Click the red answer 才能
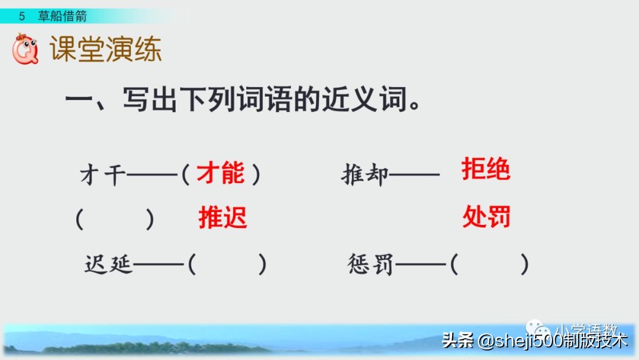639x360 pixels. click(220, 174)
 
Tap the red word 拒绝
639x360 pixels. click(486, 170)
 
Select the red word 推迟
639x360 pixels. click(222, 218)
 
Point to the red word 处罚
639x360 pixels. click(486, 217)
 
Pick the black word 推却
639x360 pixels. click(365, 175)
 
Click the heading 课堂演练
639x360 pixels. click(105, 50)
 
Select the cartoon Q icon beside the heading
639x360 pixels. click(25, 49)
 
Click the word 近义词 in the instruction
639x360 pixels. click(367, 99)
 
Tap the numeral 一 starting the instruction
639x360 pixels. click(78, 99)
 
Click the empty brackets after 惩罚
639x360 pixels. click(489, 265)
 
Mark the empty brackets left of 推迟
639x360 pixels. click(115, 219)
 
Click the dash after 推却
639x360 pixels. click(415, 175)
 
